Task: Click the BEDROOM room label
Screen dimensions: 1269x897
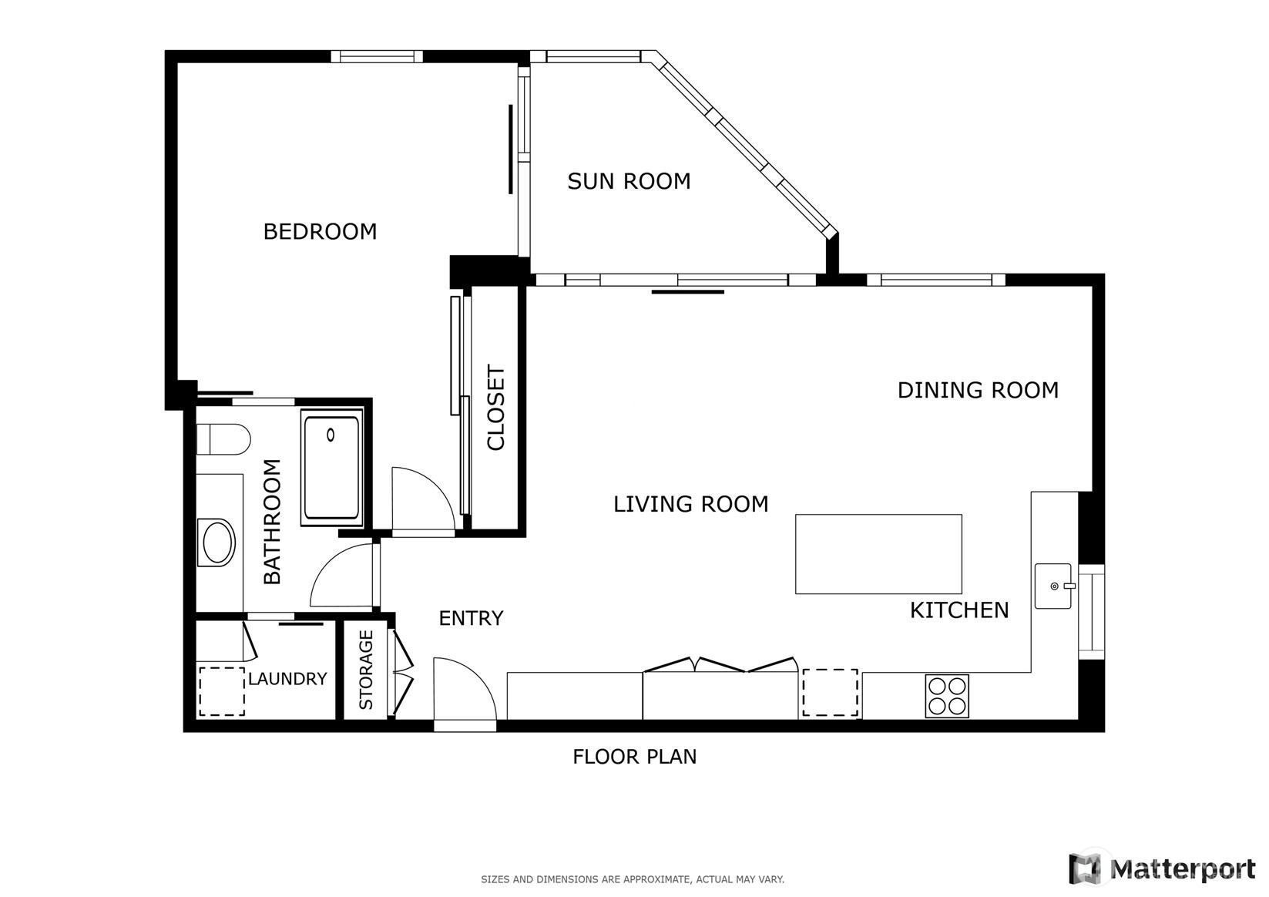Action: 320,232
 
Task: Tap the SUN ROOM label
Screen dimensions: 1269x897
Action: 629,181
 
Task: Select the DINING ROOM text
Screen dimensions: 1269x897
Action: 979,391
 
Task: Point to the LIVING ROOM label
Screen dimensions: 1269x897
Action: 691,504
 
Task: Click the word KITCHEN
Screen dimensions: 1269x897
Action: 960,610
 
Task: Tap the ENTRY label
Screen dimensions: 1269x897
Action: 472,618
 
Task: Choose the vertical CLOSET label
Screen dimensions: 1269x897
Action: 495,408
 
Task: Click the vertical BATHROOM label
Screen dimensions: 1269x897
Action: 273,521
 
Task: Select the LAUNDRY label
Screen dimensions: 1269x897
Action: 288,678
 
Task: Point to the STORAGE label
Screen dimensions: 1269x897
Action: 366,670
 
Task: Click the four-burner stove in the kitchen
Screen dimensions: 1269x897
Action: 947,696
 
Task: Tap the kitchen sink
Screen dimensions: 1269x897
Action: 1054,586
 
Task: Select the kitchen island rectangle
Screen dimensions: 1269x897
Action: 878,554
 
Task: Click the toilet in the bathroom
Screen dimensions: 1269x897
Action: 223,439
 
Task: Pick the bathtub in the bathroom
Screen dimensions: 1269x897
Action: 331,468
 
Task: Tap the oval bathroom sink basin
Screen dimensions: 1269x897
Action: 218,542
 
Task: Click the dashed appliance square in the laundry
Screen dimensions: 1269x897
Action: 221,691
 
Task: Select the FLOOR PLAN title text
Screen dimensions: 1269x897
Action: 635,757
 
